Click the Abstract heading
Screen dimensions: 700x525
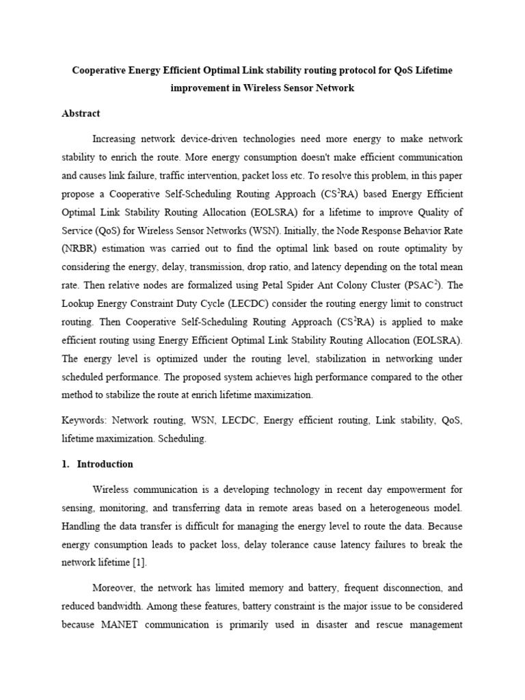(x=81, y=113)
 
